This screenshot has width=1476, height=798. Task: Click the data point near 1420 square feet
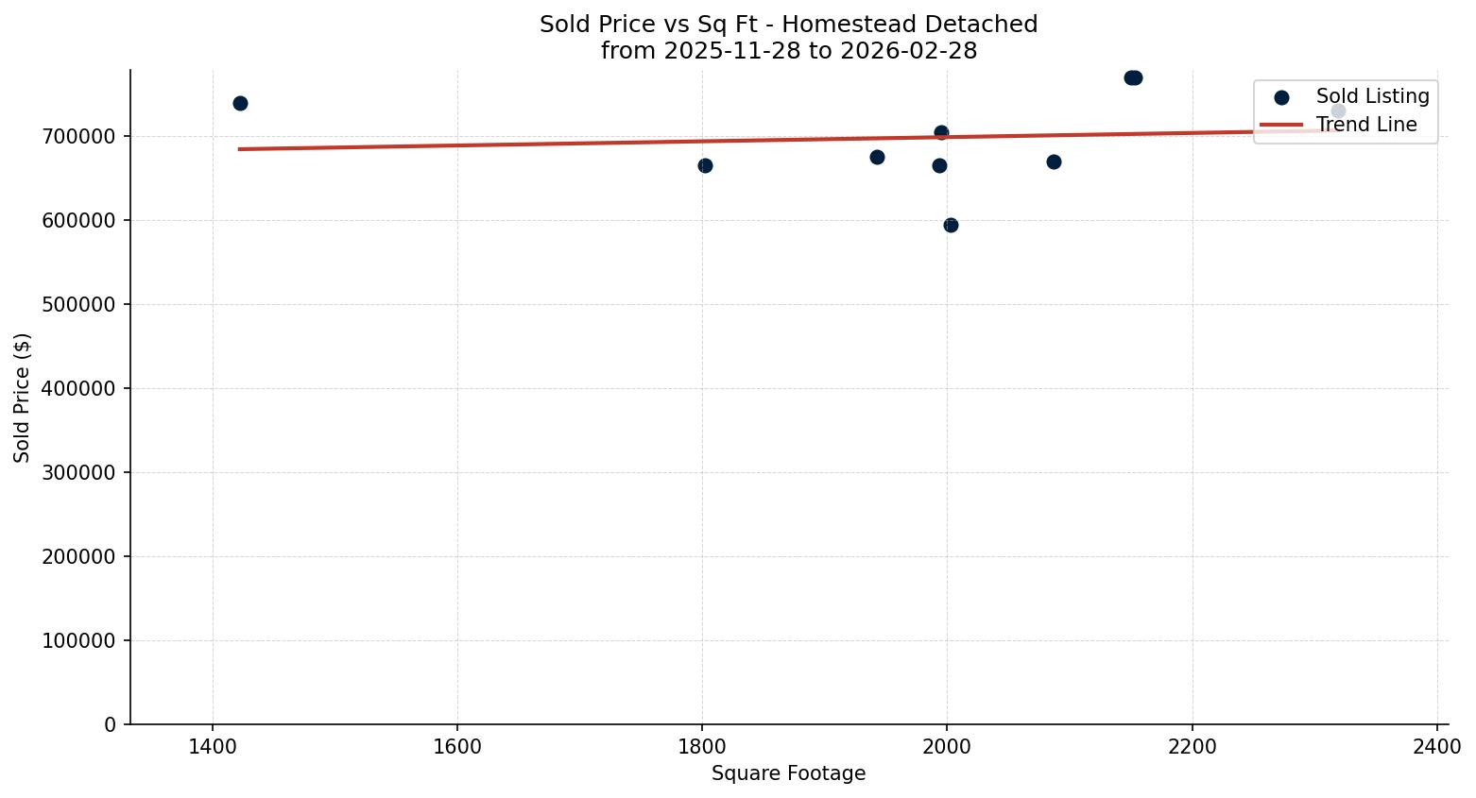click(x=240, y=103)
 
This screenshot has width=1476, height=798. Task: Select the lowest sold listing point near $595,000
click(x=951, y=225)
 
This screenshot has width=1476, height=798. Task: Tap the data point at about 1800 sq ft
click(x=705, y=165)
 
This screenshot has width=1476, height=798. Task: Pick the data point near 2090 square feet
click(x=1054, y=161)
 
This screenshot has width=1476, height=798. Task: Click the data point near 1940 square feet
click(x=877, y=157)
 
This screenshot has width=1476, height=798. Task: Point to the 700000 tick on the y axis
click(x=79, y=136)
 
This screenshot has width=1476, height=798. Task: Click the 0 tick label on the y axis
click(x=111, y=724)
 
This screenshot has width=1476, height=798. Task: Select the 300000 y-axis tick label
click(x=79, y=472)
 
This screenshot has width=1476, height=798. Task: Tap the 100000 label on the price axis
click(x=79, y=640)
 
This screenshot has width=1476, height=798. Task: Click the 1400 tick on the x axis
click(x=212, y=746)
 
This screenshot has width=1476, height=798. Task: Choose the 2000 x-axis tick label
click(x=947, y=746)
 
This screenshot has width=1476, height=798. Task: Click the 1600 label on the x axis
click(x=456, y=746)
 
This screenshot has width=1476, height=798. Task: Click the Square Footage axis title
click(x=788, y=773)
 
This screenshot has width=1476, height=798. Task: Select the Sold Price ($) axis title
click(x=22, y=398)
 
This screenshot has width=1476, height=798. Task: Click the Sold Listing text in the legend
click(x=1372, y=96)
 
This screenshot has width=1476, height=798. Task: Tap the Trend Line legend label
click(x=1366, y=125)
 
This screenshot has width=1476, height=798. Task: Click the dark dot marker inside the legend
click(x=1281, y=97)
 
